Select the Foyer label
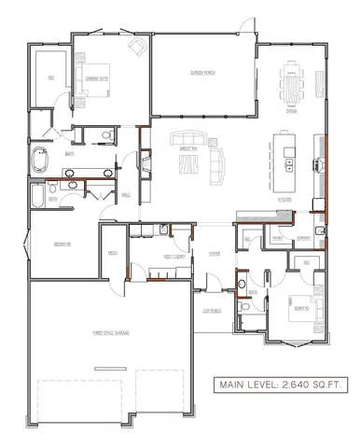point(214,252)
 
